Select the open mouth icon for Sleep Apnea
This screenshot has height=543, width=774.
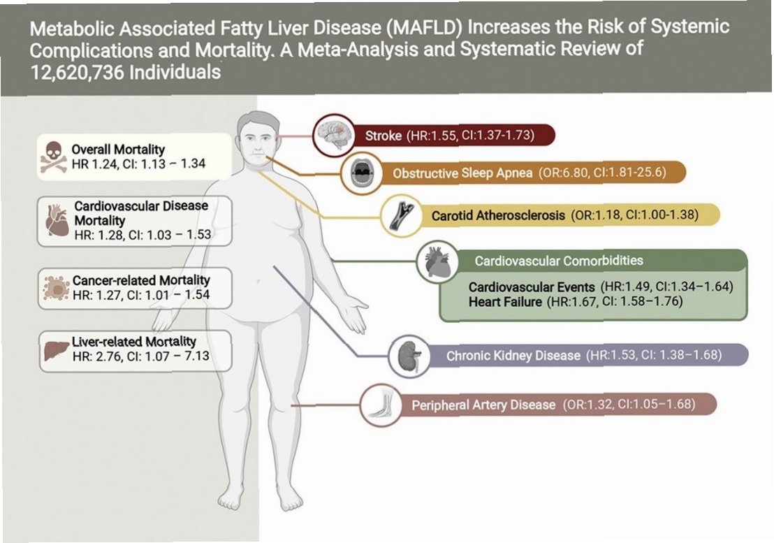point(363,172)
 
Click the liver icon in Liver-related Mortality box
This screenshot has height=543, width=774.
point(54,352)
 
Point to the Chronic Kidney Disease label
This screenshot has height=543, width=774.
point(513,356)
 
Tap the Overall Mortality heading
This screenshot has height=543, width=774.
point(117,149)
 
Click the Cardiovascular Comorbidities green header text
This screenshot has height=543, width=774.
point(559,261)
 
